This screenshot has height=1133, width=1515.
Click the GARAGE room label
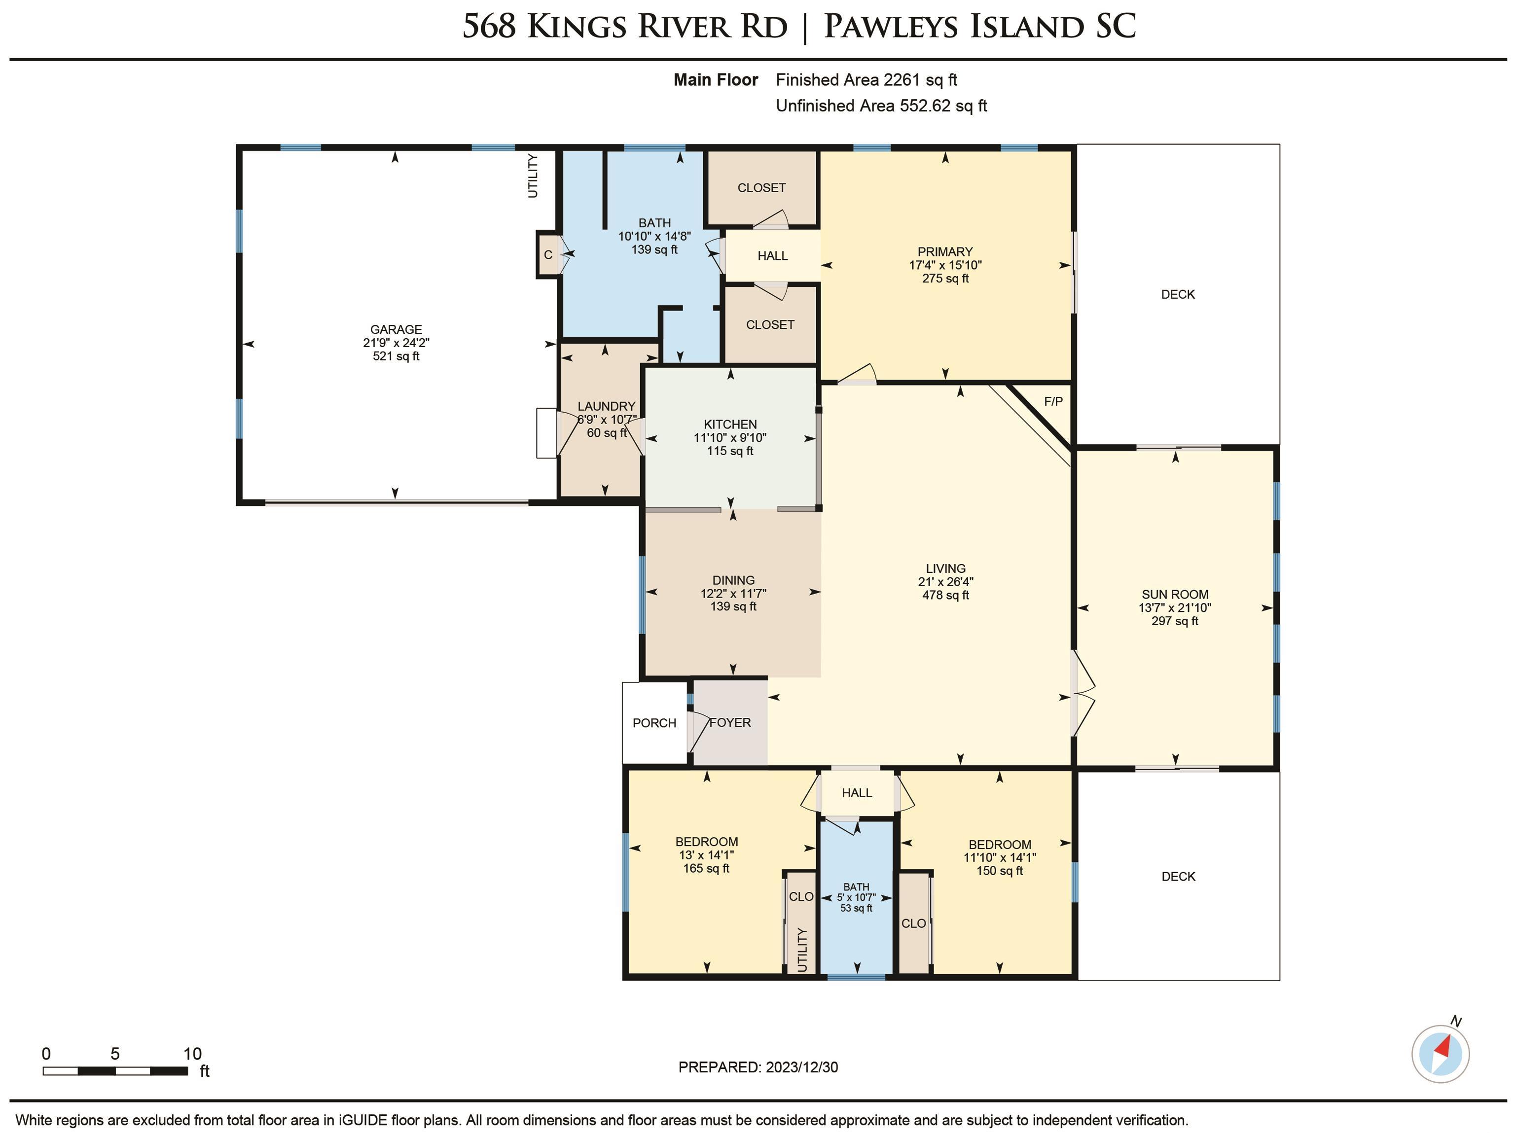(396, 329)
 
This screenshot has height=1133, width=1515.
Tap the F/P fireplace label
(1053, 401)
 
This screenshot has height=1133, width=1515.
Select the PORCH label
(654, 723)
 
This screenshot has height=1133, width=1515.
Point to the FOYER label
(730, 722)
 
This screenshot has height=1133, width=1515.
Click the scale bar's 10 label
(192, 1054)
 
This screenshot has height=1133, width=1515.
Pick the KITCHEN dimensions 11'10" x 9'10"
(730, 437)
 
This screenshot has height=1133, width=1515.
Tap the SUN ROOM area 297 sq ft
(1175, 621)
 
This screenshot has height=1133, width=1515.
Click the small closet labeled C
(548, 255)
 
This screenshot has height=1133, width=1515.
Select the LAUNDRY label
(606, 406)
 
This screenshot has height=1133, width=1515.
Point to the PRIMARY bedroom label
(945, 251)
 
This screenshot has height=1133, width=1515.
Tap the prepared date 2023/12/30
(801, 1067)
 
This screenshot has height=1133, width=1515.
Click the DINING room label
(733, 580)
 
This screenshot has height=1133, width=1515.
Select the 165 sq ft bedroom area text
(706, 868)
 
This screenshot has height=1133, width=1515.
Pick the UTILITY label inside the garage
(533, 176)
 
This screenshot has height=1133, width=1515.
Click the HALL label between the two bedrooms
(857, 793)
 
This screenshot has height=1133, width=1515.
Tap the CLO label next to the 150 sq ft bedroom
(914, 923)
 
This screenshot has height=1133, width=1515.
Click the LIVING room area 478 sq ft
(946, 595)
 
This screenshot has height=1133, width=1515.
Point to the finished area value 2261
(902, 80)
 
